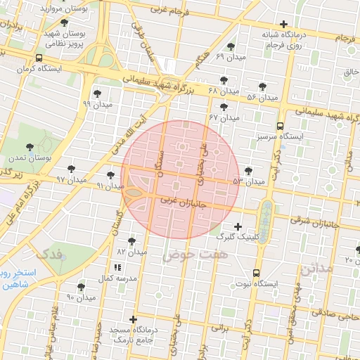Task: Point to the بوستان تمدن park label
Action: (30, 159)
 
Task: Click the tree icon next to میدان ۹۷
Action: (72, 169)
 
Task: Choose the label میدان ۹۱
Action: (110, 186)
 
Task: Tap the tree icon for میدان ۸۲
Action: (131, 240)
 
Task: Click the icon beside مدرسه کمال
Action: (117, 267)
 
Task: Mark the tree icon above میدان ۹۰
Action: (81, 287)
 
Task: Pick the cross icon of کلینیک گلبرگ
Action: (238, 226)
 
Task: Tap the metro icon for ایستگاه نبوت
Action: (255, 273)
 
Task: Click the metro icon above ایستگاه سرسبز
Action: (280, 126)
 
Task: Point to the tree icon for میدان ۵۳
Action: (247, 170)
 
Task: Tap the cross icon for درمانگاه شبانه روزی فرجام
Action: (283, 24)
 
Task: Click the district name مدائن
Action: (314, 269)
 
